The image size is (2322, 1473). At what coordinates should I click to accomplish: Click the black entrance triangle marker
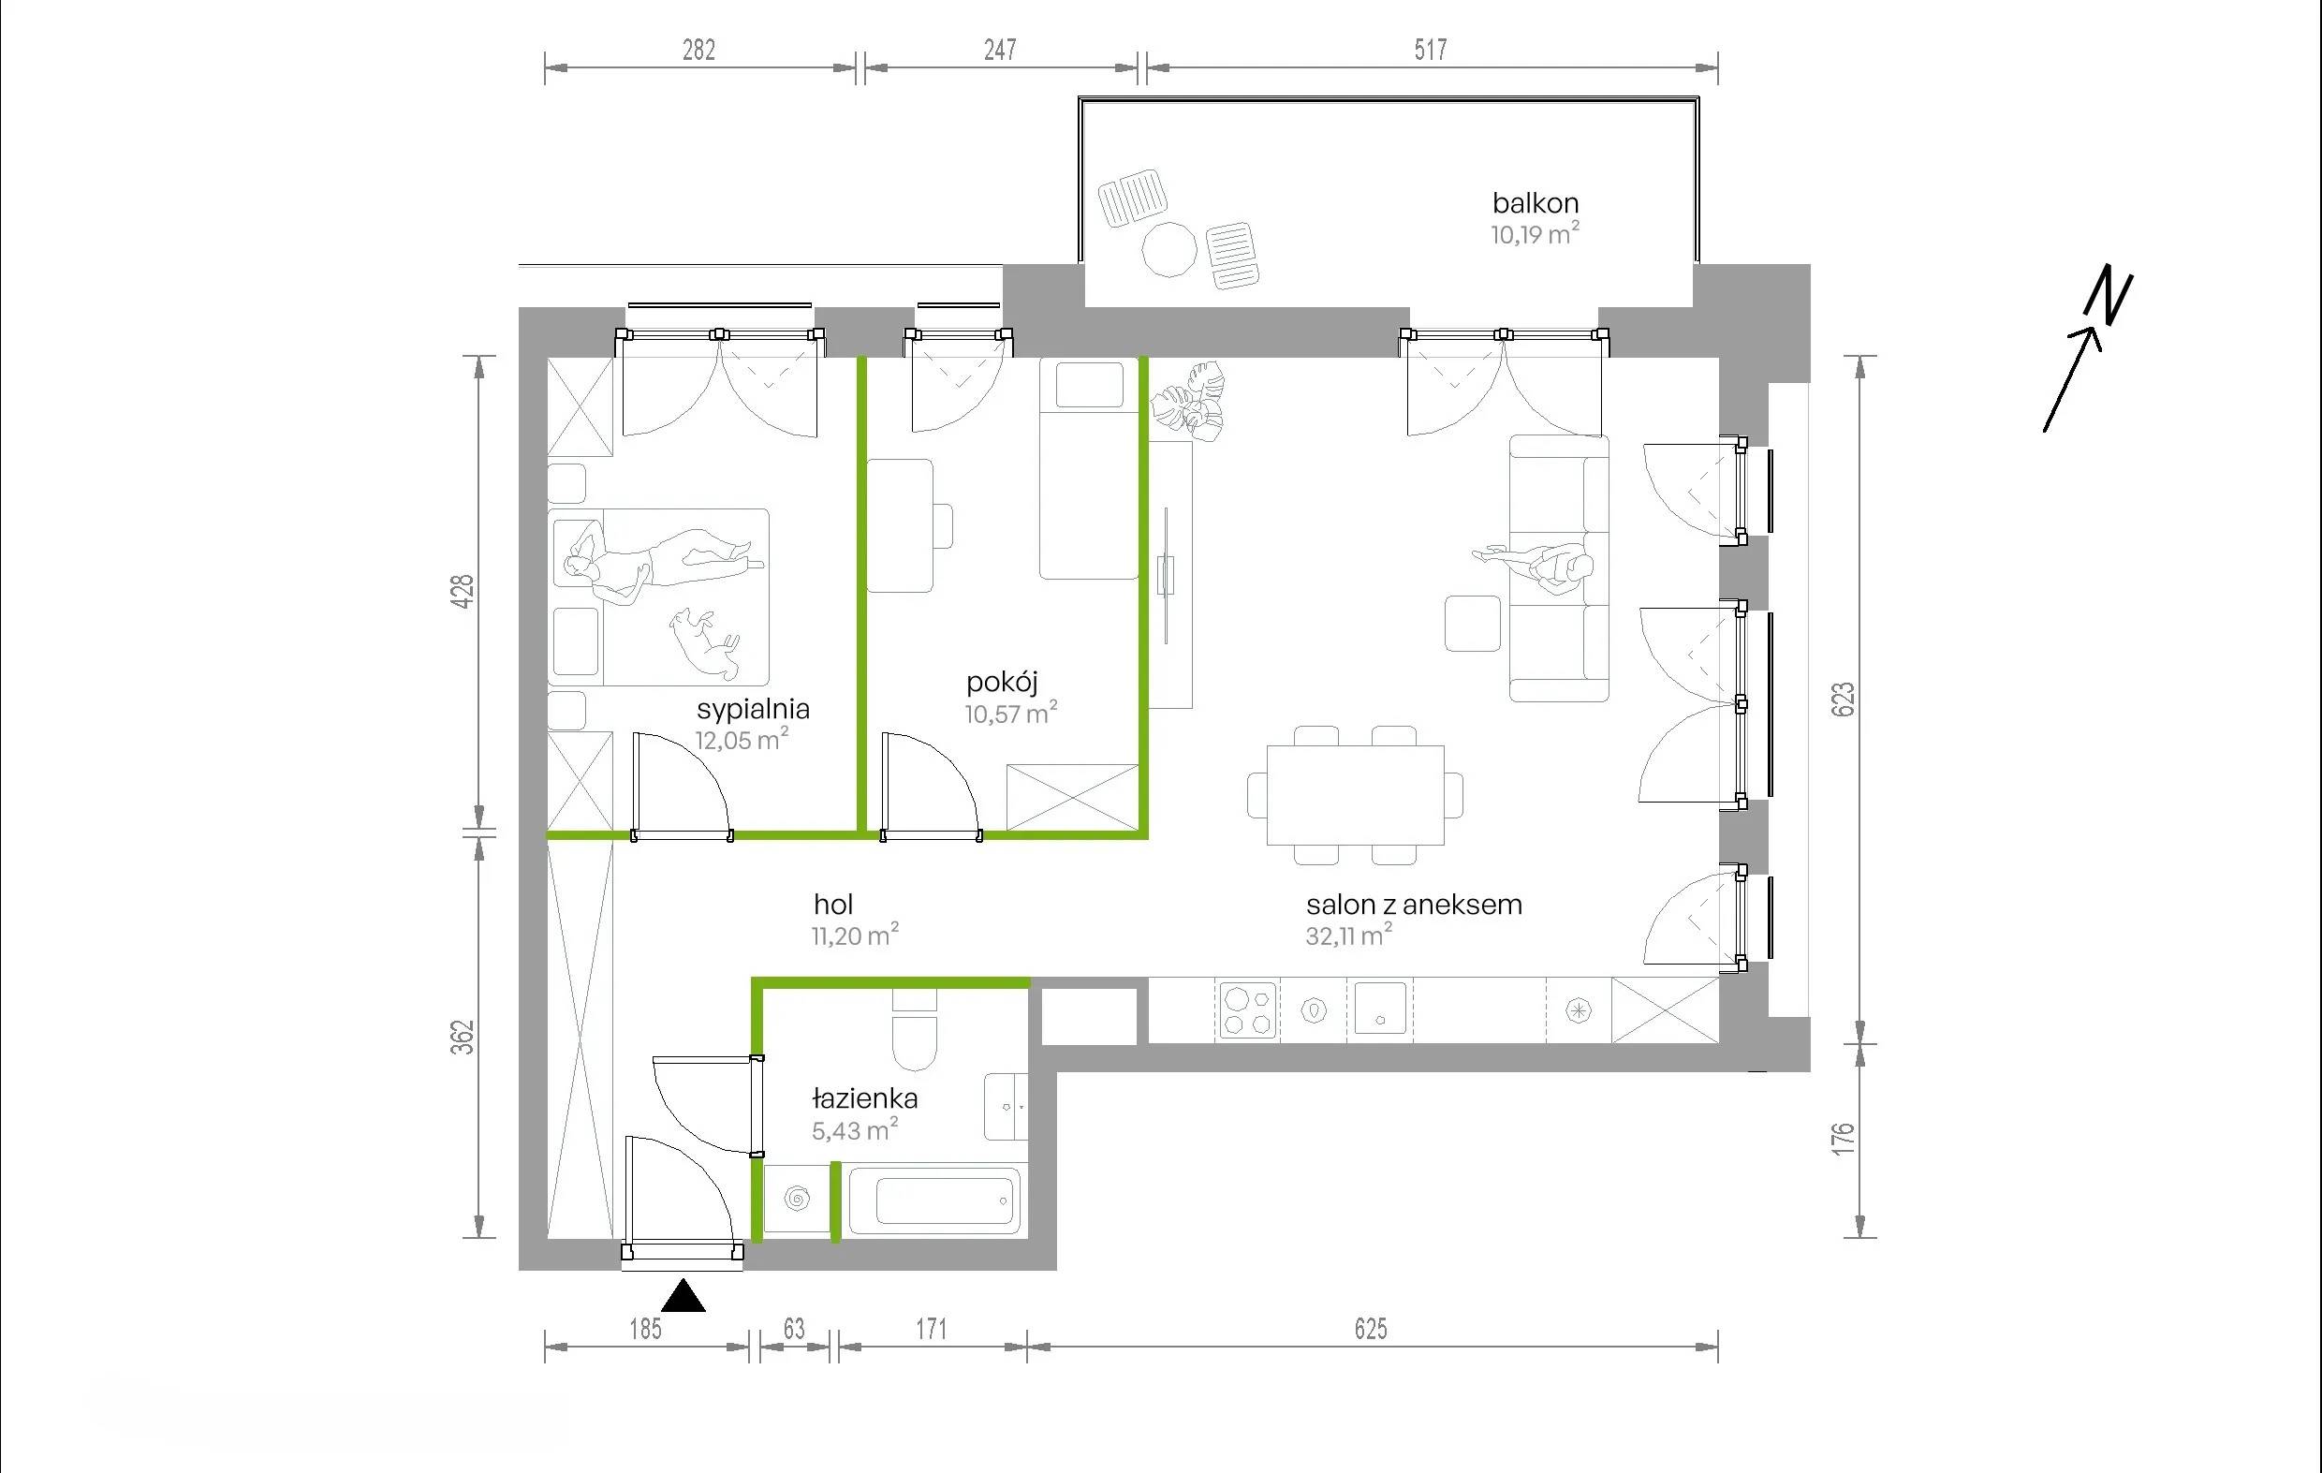click(683, 1295)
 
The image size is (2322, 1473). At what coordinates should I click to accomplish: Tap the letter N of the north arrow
click(2108, 293)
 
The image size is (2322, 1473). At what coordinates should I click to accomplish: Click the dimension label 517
click(1431, 50)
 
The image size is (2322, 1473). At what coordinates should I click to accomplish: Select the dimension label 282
click(699, 50)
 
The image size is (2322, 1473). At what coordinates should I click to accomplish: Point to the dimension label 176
click(1842, 1140)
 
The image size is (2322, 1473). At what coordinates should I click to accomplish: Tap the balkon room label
click(1536, 202)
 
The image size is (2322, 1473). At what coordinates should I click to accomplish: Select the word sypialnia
click(753, 710)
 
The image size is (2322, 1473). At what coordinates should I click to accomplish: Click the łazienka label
click(865, 1098)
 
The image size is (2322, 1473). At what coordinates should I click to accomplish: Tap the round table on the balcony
click(1169, 250)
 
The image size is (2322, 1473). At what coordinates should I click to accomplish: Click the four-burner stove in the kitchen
click(1249, 1010)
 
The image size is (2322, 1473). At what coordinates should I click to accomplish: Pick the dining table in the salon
click(1356, 795)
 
